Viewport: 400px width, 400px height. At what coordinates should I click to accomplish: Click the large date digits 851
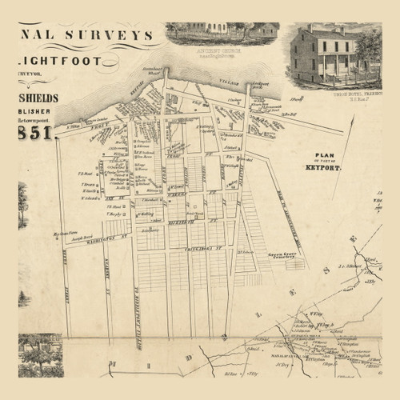coord(35,133)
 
